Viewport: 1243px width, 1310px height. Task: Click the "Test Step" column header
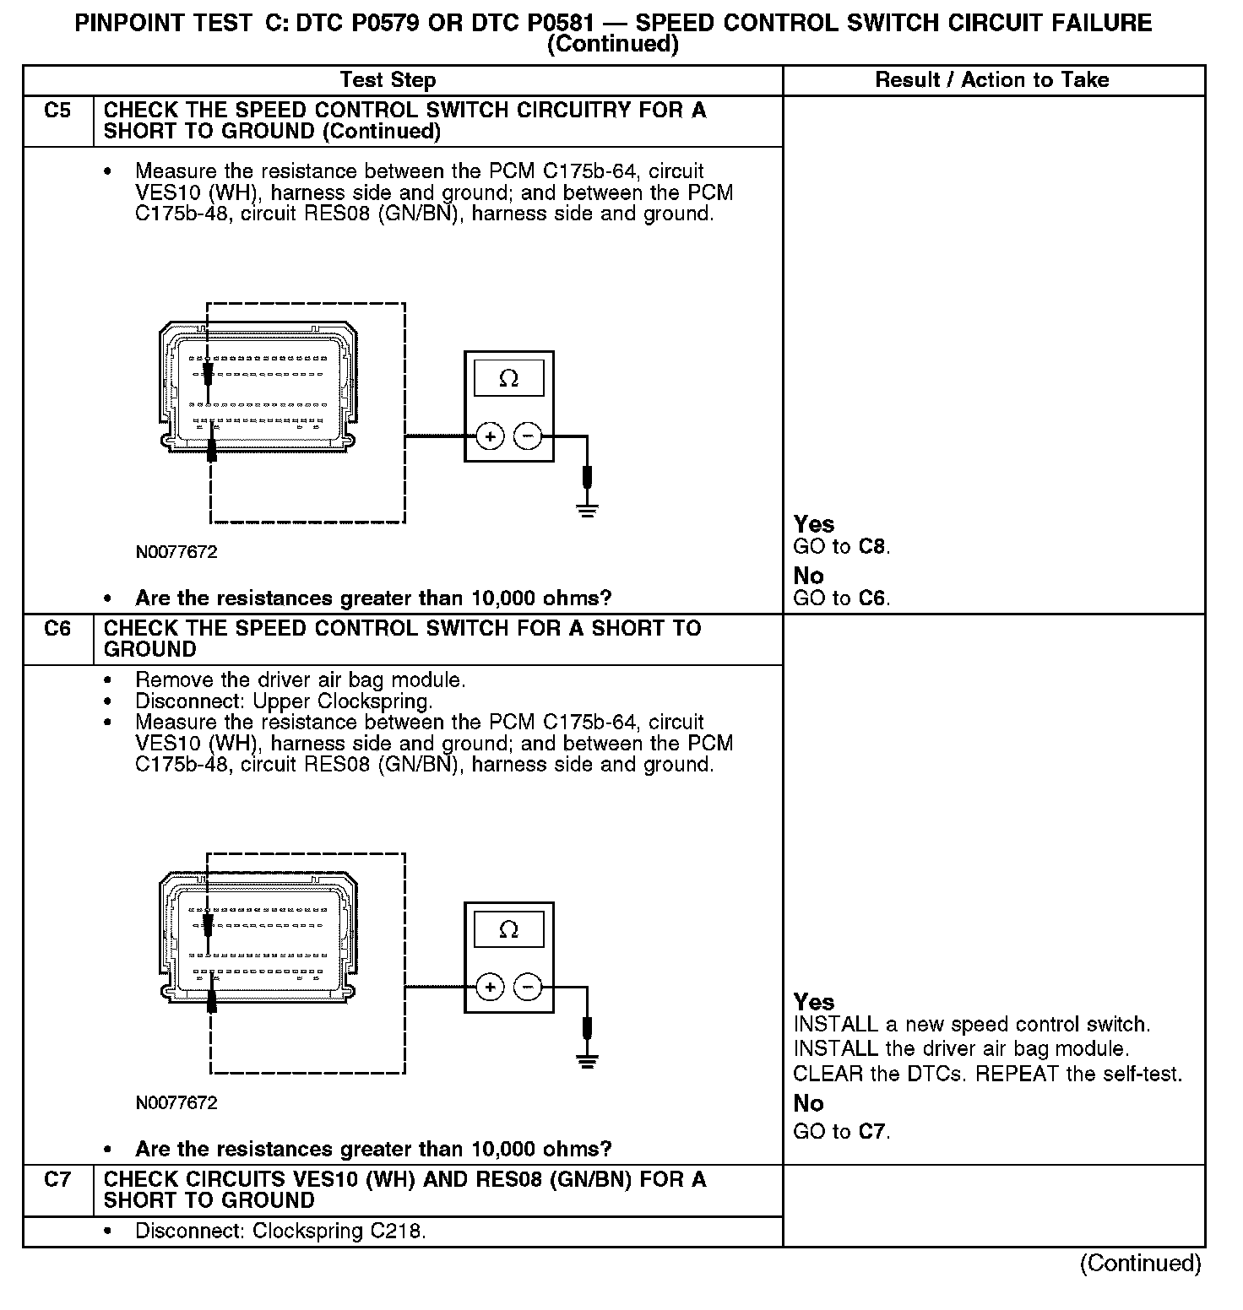tap(388, 80)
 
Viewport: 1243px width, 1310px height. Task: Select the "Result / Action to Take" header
tap(991, 80)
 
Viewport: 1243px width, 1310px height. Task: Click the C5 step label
tap(57, 111)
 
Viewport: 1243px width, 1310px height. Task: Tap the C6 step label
tap(57, 629)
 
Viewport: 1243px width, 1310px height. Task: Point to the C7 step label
tap(57, 1180)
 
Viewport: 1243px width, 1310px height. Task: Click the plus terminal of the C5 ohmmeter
tap(490, 436)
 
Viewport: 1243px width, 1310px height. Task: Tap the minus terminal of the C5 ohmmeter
tap(528, 436)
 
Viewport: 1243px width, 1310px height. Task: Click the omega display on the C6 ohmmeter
tap(508, 929)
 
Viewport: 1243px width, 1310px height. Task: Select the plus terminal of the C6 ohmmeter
tap(490, 987)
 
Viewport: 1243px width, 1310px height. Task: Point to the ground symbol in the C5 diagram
tap(588, 509)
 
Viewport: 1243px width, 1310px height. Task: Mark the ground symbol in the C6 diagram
tap(588, 1061)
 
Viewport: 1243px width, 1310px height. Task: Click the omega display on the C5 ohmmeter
tap(508, 378)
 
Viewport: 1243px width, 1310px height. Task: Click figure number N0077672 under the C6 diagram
tap(176, 1103)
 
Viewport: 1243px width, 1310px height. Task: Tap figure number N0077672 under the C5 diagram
tap(176, 552)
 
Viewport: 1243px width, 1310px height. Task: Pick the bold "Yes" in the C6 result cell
tap(813, 1002)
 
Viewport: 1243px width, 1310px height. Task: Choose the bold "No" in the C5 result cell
tap(808, 576)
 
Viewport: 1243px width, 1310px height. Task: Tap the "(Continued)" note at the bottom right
tap(1140, 1264)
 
